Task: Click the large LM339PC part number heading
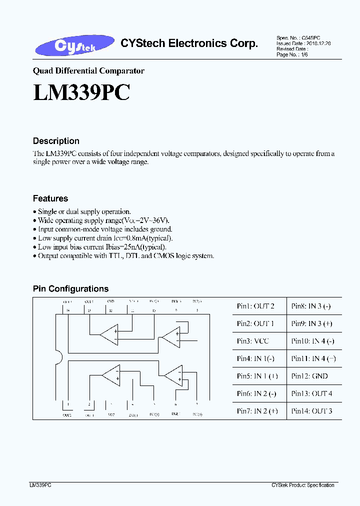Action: (81, 92)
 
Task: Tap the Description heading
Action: (56, 141)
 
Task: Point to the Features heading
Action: (50, 198)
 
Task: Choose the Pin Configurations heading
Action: (70, 289)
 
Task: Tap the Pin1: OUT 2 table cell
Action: (255, 306)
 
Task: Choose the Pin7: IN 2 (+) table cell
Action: (257, 411)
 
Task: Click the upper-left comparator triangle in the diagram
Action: (109, 334)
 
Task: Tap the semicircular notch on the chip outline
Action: (59, 359)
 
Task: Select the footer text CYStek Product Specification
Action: (303, 485)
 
